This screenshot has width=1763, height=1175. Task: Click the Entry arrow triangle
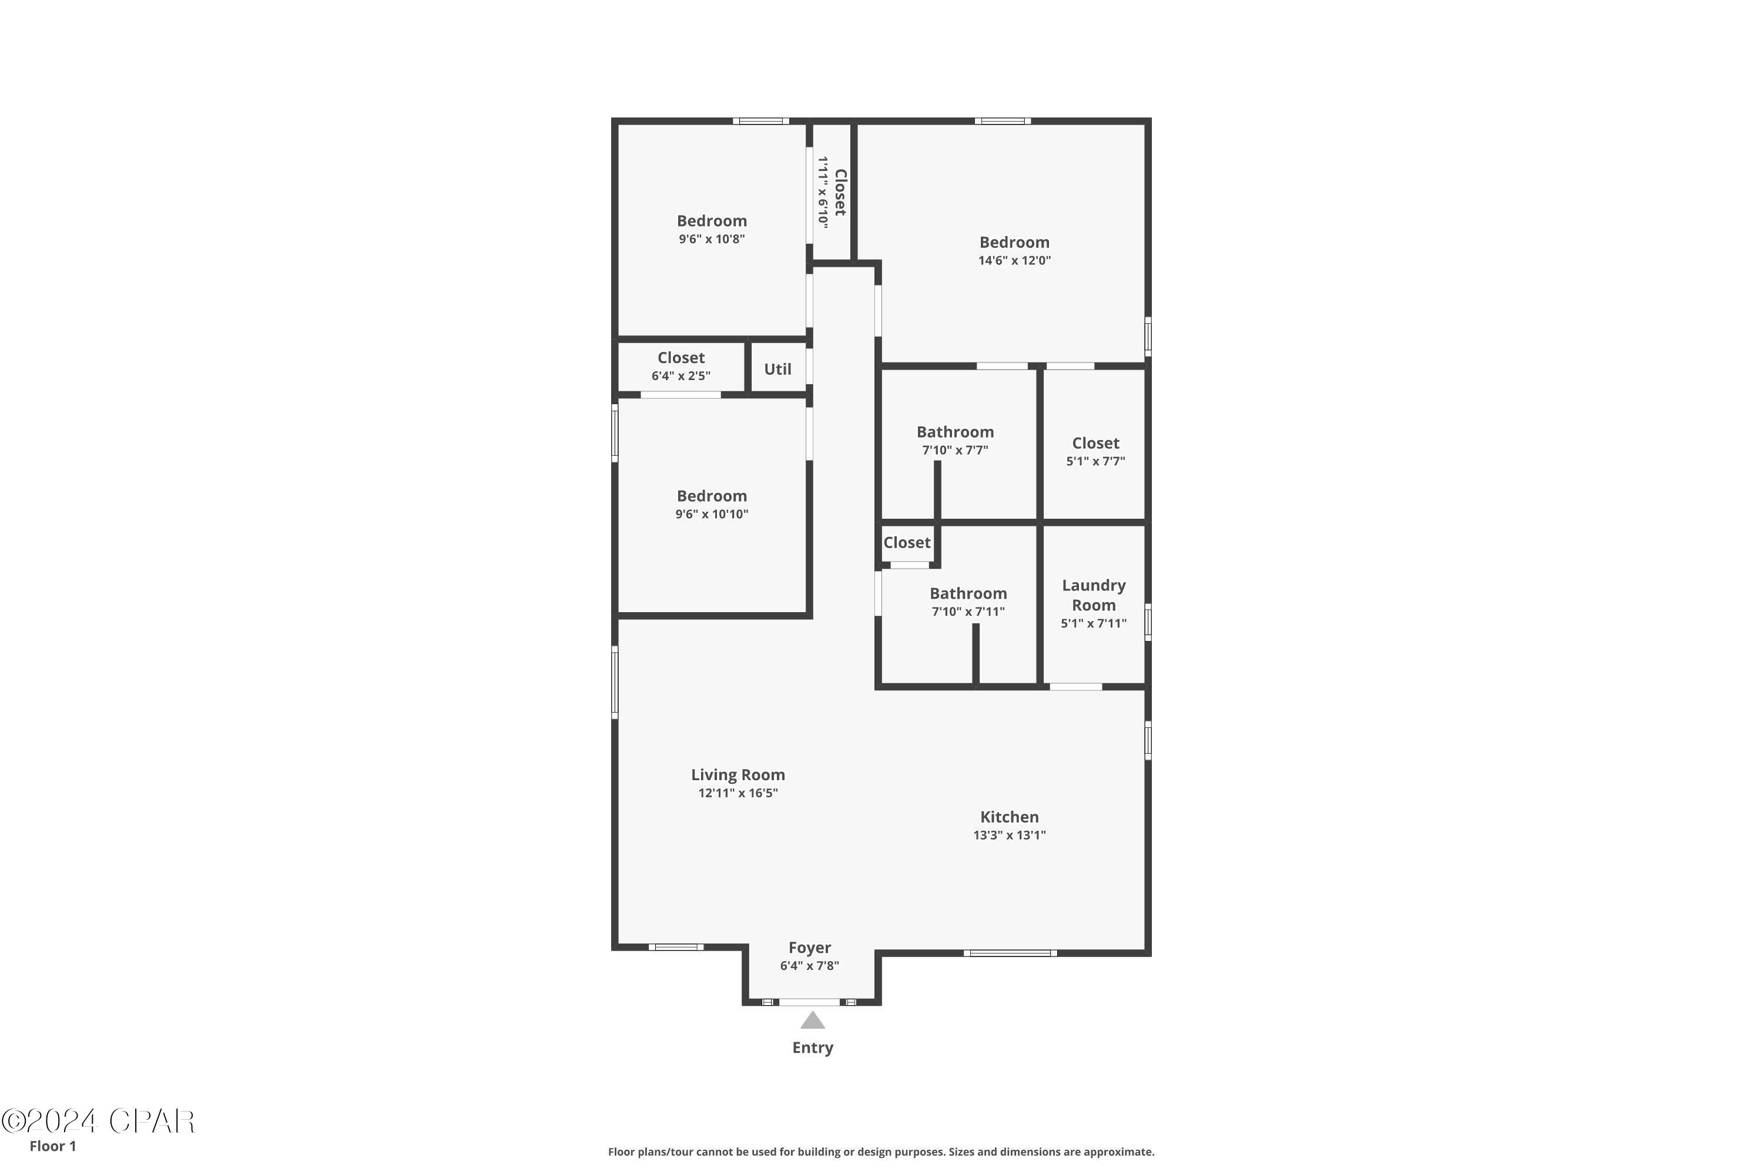813,1020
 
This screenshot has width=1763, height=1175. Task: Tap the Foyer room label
810,948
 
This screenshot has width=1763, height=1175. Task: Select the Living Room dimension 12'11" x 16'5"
738,793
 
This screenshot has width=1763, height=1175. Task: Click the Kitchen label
1009,817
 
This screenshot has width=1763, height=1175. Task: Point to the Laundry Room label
1094,595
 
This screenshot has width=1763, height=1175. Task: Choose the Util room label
777,369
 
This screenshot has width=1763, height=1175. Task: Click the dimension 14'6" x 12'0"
1014,261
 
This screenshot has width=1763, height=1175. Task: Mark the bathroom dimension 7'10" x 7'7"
955,449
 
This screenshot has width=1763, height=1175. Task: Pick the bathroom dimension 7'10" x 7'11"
968,612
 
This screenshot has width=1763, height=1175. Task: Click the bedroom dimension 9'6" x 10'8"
711,239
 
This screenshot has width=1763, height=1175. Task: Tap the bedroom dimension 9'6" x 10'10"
711,514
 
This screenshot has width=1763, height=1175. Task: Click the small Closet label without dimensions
906,542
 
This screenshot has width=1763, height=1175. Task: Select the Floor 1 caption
52,1146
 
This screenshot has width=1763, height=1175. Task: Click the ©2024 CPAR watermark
98,1121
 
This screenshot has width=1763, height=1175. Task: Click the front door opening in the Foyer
810,1002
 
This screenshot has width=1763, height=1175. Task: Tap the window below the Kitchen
1010,953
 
